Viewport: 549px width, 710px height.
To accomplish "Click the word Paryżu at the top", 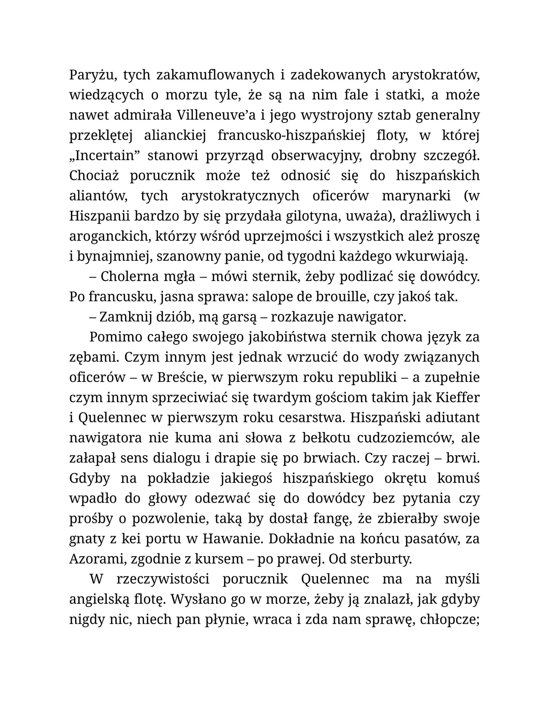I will (90, 75).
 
